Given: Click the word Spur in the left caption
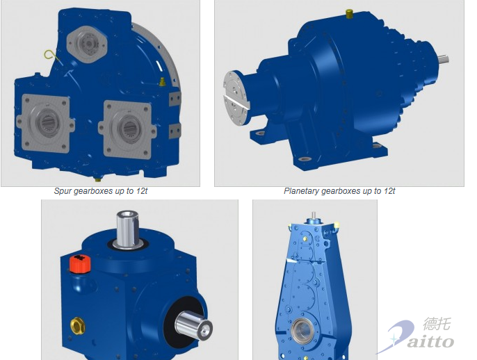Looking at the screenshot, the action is pyautogui.click(x=63, y=191).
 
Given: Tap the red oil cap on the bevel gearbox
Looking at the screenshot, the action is pyautogui.click(x=81, y=263).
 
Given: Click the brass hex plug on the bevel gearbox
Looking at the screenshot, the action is pyautogui.click(x=78, y=325).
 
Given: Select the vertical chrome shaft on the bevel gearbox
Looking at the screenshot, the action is pyautogui.click(x=128, y=229).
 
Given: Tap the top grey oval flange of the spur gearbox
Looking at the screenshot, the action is pyautogui.click(x=87, y=44).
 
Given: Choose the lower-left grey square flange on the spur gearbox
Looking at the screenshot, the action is pyautogui.click(x=46, y=123).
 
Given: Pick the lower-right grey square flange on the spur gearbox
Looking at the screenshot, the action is pyautogui.click(x=128, y=129).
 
